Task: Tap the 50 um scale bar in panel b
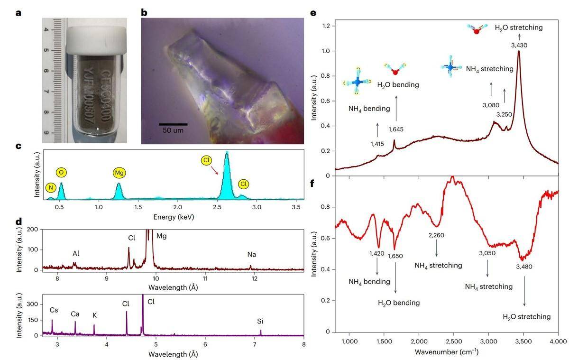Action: coord(173,124)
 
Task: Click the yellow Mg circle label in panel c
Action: coord(119,173)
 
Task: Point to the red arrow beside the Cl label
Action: coord(213,168)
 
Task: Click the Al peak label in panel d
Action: coord(76,253)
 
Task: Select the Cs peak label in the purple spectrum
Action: coord(54,310)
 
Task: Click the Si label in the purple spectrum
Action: coord(260,321)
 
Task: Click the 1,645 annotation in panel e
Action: coord(395,129)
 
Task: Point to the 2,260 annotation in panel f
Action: coord(436,235)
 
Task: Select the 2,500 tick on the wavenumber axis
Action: coord(454,341)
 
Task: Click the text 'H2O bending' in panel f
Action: coord(398,303)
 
